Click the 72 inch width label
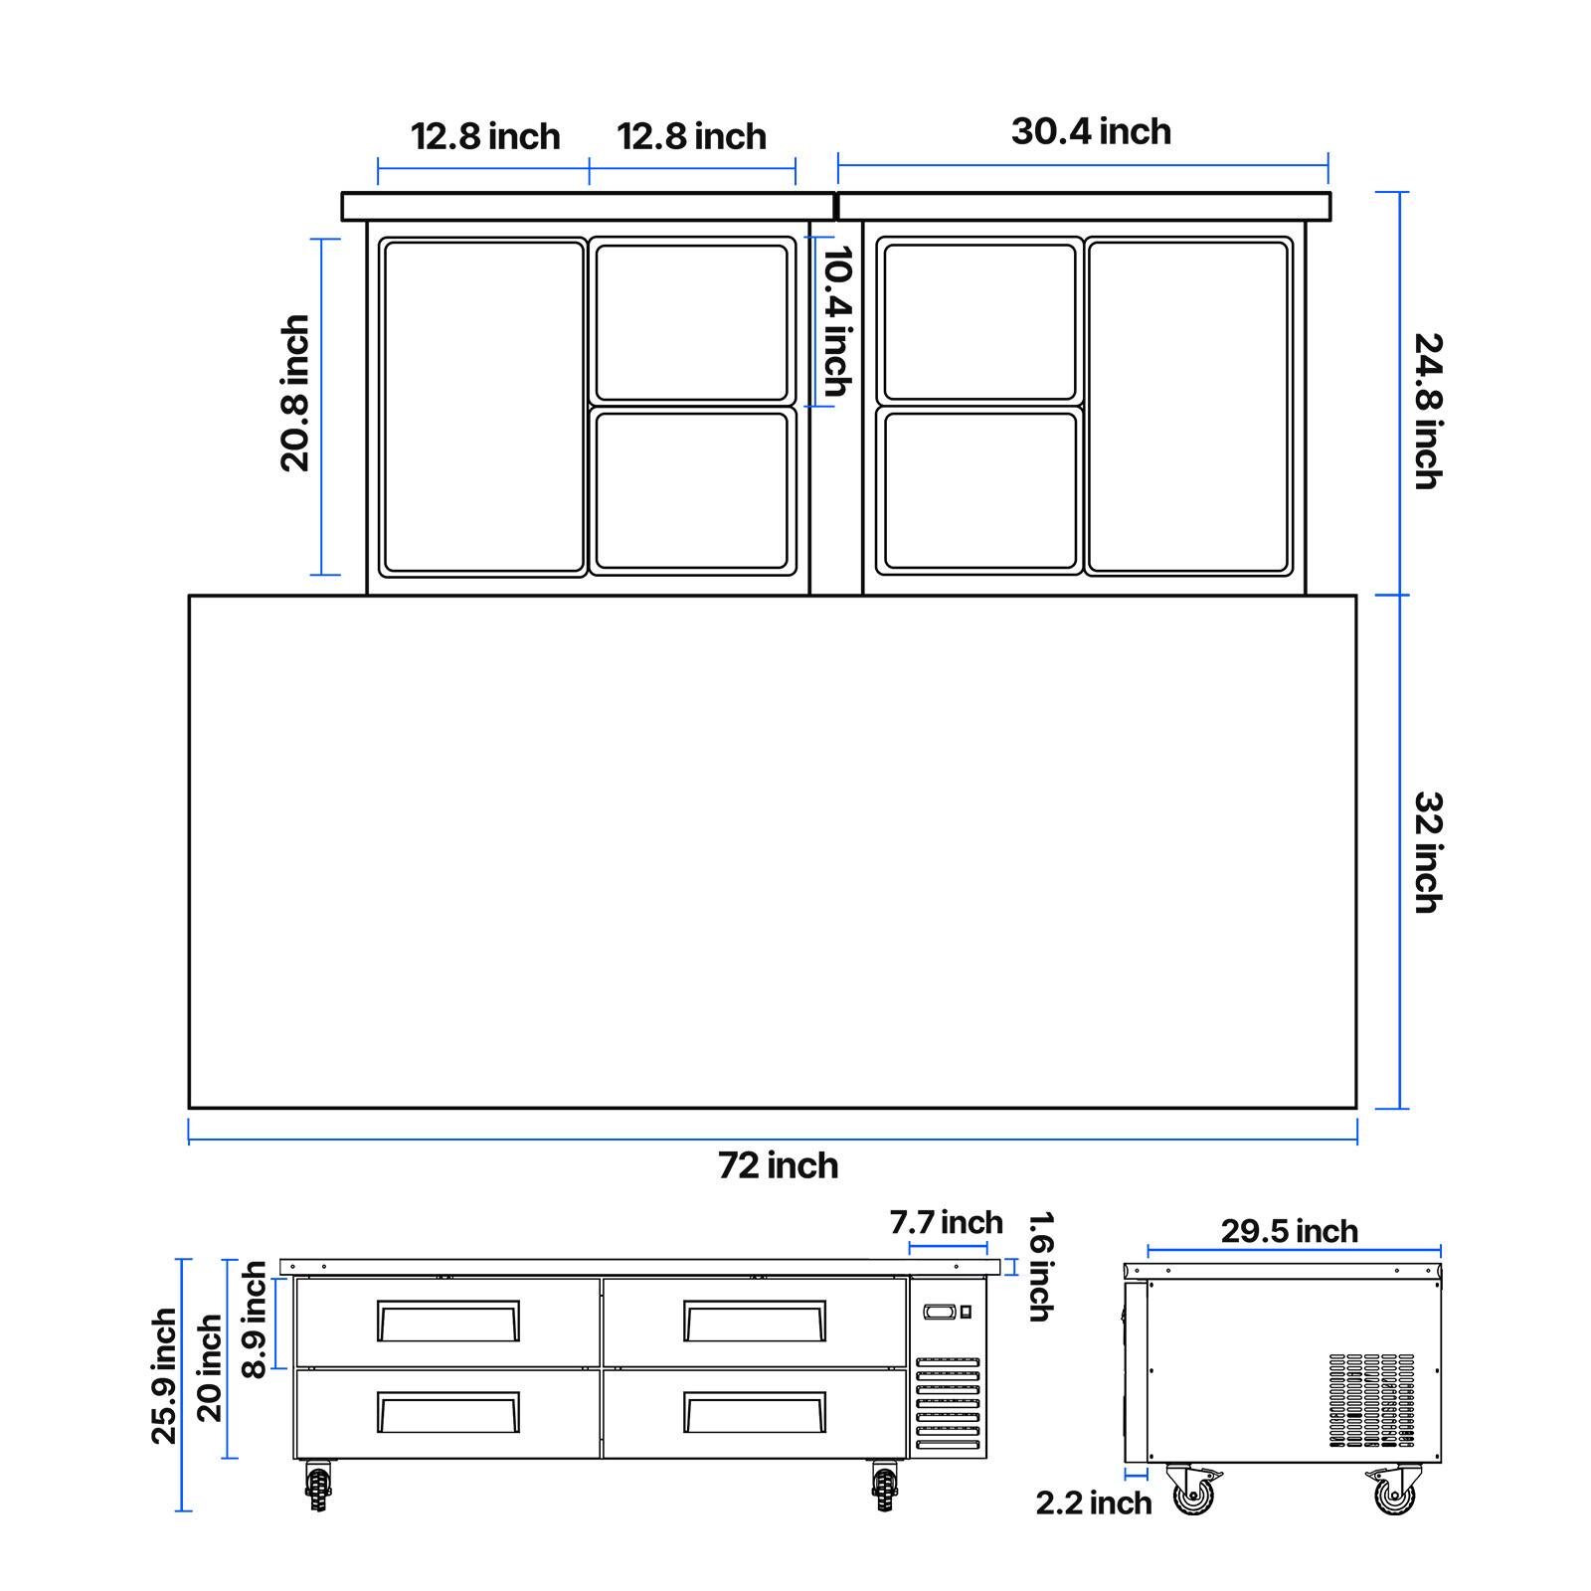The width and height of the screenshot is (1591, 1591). coord(779,1165)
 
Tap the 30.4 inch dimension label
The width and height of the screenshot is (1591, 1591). coord(1091,131)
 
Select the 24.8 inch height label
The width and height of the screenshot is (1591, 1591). coord(1428,411)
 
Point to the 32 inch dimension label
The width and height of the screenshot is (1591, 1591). coord(1428,852)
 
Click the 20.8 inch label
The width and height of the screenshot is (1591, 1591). coord(295,393)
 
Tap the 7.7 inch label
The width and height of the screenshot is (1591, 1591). coord(947,1222)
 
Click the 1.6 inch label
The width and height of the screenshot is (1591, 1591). coord(1039,1266)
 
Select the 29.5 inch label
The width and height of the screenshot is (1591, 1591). coord(1290,1231)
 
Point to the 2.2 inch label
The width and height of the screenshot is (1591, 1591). coord(1094,1503)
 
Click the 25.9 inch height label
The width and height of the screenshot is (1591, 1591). coord(164,1376)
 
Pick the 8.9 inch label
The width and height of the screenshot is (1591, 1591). coord(255,1320)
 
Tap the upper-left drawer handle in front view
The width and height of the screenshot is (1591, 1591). coord(448,1321)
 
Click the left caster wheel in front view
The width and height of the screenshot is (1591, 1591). coord(318,1486)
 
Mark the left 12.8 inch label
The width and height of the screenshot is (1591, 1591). coord(485,136)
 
